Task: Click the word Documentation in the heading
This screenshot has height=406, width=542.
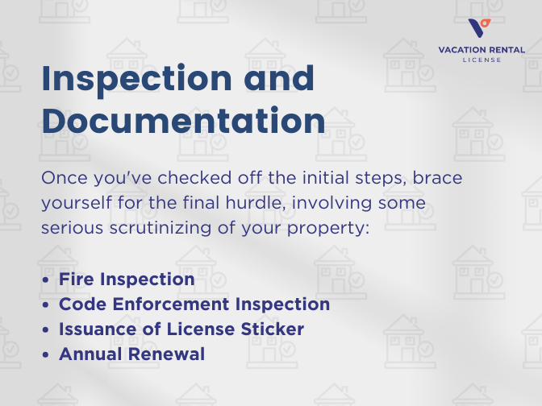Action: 184,120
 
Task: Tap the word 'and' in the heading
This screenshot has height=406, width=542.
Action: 274,78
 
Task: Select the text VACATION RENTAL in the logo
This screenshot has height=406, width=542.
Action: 481,49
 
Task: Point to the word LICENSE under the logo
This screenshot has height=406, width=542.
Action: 481,60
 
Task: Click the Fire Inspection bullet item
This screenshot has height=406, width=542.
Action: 127,280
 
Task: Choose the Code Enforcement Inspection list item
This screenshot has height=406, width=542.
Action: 194,304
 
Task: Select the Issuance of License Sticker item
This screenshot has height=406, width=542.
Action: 182,329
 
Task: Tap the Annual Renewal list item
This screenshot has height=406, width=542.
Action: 132,354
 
